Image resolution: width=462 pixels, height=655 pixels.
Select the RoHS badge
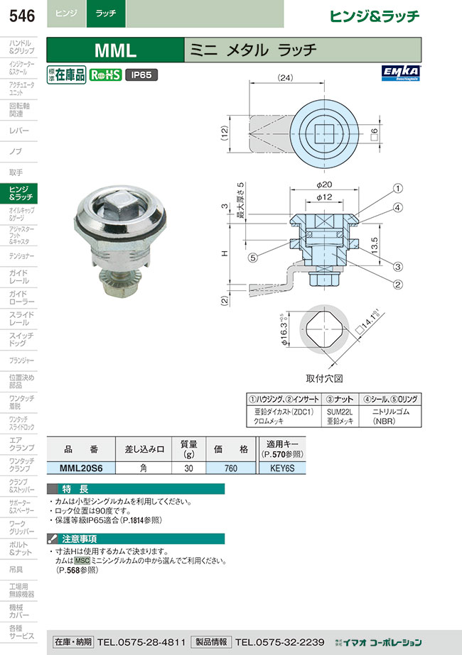click(x=105, y=74)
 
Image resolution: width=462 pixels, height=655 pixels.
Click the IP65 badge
click(x=141, y=74)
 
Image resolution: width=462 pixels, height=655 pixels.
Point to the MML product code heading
click(x=114, y=50)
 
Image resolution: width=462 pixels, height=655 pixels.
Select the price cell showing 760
click(x=230, y=468)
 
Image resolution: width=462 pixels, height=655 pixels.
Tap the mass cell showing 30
click(x=188, y=468)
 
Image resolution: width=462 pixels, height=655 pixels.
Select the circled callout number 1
click(x=398, y=189)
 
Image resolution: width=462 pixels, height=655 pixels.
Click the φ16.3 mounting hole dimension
click(x=282, y=330)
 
